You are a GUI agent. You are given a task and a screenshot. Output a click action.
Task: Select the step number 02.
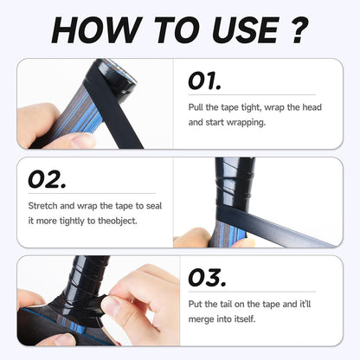47,179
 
